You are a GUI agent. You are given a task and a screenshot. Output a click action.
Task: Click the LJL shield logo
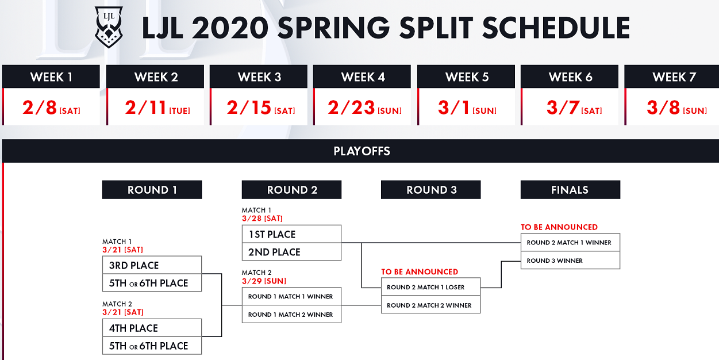(x=109, y=27)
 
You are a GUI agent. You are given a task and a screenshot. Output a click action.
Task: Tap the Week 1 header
(x=51, y=76)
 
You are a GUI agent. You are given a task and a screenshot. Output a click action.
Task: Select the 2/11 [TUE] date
(x=157, y=108)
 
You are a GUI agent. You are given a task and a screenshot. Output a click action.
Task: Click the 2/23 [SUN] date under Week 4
(x=364, y=108)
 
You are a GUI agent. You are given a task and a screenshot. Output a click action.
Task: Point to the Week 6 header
(x=570, y=76)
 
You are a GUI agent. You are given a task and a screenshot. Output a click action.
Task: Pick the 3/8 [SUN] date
(x=676, y=108)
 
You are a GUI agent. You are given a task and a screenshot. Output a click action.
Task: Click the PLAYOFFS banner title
(x=362, y=151)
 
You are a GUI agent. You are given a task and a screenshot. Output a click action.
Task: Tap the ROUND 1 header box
(x=152, y=189)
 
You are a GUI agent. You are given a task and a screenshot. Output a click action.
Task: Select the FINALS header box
(x=570, y=189)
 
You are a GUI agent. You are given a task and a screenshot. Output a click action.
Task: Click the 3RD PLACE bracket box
(x=152, y=265)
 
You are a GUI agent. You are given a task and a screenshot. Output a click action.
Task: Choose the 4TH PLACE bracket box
(x=152, y=328)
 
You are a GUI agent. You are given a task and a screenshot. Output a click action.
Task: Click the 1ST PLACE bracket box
(x=291, y=234)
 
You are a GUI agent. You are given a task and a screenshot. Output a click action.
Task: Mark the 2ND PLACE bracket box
(x=291, y=252)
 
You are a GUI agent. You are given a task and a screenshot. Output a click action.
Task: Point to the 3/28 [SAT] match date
(x=262, y=219)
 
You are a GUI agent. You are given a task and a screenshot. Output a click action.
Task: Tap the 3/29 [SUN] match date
(x=264, y=281)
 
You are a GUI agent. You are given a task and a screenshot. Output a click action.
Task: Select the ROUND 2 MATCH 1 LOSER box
(x=430, y=287)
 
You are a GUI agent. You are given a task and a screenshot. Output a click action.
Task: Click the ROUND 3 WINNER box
(x=570, y=261)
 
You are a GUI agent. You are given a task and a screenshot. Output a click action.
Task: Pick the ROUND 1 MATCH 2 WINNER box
(x=291, y=315)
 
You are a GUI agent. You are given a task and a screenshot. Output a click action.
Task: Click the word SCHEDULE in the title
(x=556, y=28)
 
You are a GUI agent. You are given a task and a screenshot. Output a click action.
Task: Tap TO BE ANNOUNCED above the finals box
(x=559, y=227)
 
